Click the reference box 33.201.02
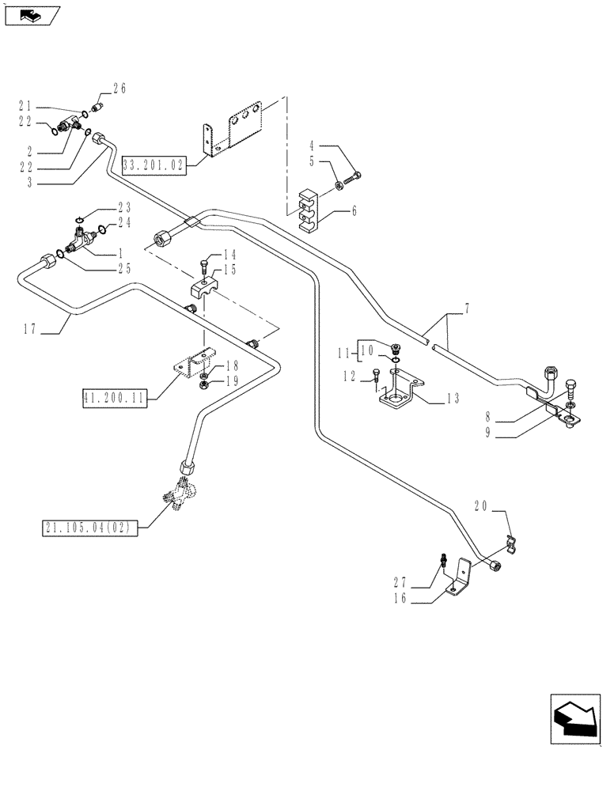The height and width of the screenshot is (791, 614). coord(153,165)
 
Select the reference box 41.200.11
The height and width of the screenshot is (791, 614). coord(113,398)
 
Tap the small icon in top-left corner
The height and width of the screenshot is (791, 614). coord(29,14)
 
